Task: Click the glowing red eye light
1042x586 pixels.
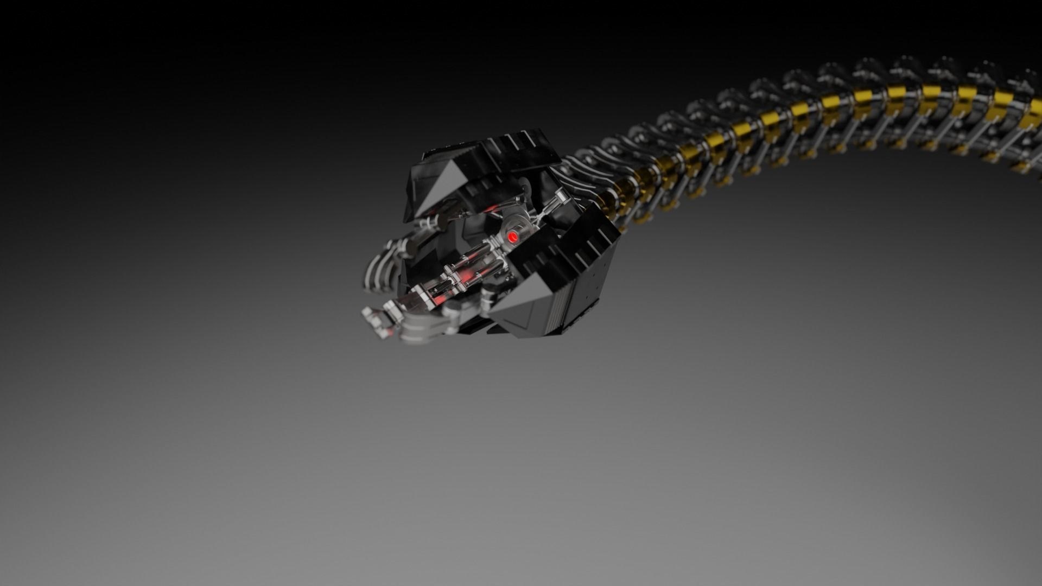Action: (512, 237)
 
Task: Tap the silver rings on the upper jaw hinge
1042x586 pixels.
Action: (429, 222)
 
